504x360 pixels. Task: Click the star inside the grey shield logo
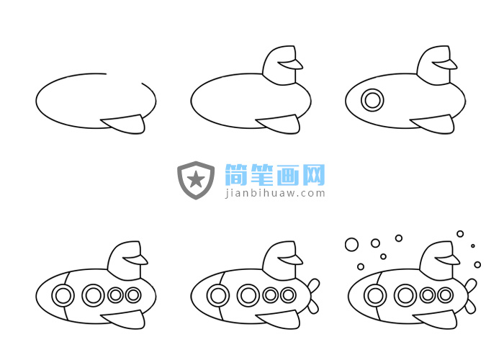(x=196, y=179)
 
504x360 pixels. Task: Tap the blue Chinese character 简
(x=236, y=175)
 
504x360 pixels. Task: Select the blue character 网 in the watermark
(x=314, y=175)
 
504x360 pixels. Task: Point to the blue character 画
(x=288, y=175)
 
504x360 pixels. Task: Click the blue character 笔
(x=262, y=175)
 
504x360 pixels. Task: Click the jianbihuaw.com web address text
(x=275, y=194)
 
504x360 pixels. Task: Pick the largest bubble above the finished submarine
(x=351, y=245)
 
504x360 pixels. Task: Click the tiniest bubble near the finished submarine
(x=473, y=246)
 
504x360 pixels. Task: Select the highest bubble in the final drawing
(x=460, y=234)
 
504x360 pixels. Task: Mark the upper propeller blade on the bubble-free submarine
(x=314, y=285)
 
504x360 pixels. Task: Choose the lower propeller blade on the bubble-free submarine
(x=313, y=307)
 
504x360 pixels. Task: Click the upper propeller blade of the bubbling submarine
(x=471, y=285)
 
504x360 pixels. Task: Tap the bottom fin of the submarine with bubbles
(x=436, y=320)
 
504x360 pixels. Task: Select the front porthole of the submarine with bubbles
(x=375, y=295)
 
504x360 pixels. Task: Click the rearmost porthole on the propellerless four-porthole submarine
(x=133, y=294)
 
